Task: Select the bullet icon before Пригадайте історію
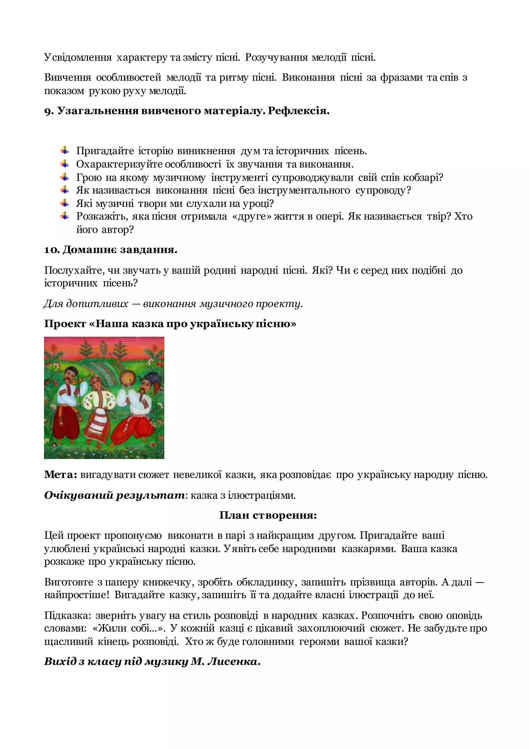point(65,150)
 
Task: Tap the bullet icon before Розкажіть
point(65,216)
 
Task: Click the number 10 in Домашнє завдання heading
point(51,250)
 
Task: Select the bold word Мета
point(60,475)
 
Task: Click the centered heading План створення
point(268,515)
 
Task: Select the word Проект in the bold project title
point(65,324)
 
